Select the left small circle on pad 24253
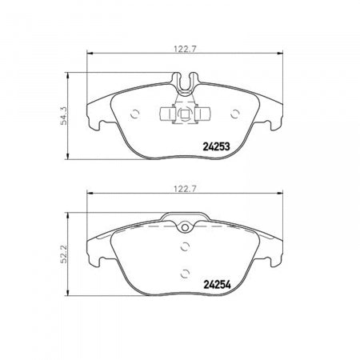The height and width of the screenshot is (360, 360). click(x=135, y=112)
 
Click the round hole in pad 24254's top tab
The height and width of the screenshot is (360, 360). click(x=185, y=226)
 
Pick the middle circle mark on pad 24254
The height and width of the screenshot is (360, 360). click(x=185, y=246)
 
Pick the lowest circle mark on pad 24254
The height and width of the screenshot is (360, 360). click(x=185, y=270)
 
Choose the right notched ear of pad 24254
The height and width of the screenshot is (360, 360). click(x=278, y=254)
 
